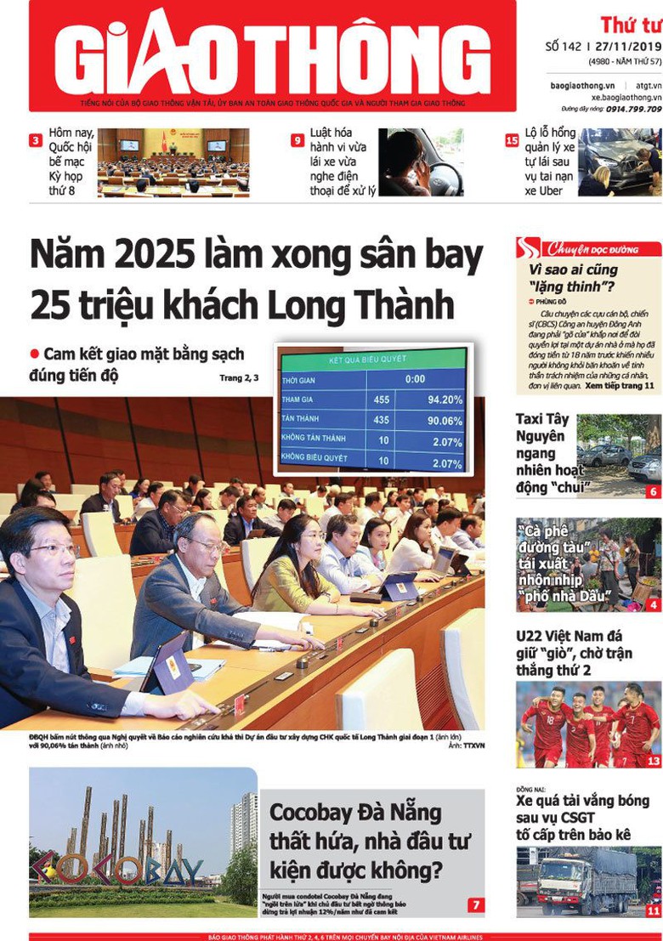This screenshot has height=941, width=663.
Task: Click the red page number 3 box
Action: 36,140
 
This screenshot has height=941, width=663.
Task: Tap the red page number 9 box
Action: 297,140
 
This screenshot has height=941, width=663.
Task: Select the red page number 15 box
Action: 512,140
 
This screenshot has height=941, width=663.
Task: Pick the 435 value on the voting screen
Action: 380,420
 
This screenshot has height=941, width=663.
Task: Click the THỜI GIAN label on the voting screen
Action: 299,380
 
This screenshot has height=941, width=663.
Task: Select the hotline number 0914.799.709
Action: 630,109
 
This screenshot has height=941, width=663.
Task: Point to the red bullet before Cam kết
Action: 35,354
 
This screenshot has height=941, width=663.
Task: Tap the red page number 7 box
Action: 476,905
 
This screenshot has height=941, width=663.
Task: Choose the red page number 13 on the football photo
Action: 653,762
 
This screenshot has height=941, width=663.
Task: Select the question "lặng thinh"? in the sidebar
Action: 571,286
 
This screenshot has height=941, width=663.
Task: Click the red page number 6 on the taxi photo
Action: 653,491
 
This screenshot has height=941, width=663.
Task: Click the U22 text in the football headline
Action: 532,636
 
